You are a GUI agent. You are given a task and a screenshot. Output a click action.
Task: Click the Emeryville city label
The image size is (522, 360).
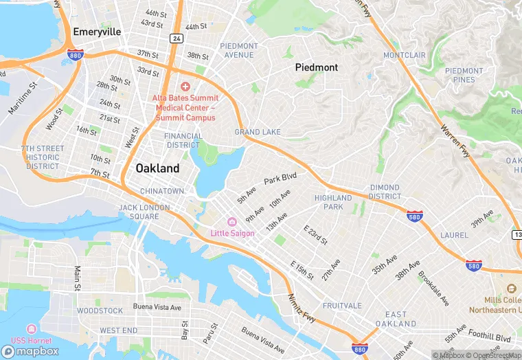click(97, 32)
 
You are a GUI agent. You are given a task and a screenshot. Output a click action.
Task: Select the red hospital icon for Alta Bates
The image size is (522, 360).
click(185, 87)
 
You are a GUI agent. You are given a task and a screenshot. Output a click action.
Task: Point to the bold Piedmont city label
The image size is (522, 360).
click(317, 67)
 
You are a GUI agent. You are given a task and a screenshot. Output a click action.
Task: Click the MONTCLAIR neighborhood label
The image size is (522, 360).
click(405, 55)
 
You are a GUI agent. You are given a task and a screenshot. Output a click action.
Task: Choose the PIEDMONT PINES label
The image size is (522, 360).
click(464, 75)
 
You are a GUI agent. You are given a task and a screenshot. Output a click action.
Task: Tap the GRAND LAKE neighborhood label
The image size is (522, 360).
click(258, 132)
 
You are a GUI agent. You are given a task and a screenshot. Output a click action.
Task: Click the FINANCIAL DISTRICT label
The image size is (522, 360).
click(183, 140)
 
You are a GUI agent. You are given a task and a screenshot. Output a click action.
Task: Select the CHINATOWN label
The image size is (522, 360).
click(162, 190)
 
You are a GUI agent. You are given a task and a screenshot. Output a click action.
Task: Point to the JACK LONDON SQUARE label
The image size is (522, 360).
click(139, 212)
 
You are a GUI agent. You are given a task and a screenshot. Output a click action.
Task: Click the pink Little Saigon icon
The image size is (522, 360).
click(232, 221)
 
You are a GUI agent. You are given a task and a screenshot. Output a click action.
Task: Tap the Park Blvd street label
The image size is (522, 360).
click(280, 179)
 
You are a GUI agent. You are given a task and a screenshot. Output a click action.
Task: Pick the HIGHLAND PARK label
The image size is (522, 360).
click(332, 202)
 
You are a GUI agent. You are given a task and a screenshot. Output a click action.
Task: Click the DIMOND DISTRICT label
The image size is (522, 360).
click(384, 192)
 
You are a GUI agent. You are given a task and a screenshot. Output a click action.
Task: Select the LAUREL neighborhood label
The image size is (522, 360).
click(454, 235)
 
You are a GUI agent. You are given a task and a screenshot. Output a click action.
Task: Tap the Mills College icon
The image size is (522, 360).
click(511, 289)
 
